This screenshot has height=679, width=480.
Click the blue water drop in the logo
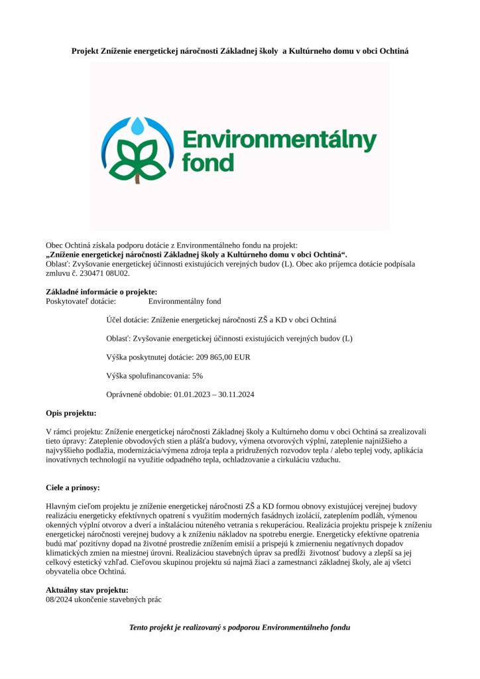[x=139, y=125]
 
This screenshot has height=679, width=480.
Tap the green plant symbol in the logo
[x=138, y=159]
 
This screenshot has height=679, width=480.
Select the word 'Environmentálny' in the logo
[x=279, y=141]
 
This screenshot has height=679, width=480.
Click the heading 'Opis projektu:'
[x=71, y=412]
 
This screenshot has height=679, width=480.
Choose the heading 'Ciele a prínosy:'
[x=73, y=487]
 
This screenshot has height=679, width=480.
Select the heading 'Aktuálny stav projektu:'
[x=87, y=590]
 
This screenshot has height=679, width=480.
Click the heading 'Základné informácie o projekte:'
[x=101, y=292]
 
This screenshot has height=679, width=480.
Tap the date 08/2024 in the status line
[x=60, y=599]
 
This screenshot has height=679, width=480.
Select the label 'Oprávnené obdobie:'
[x=139, y=394]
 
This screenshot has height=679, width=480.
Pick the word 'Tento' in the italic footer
[x=139, y=627]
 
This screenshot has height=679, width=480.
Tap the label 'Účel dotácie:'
[x=128, y=320]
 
